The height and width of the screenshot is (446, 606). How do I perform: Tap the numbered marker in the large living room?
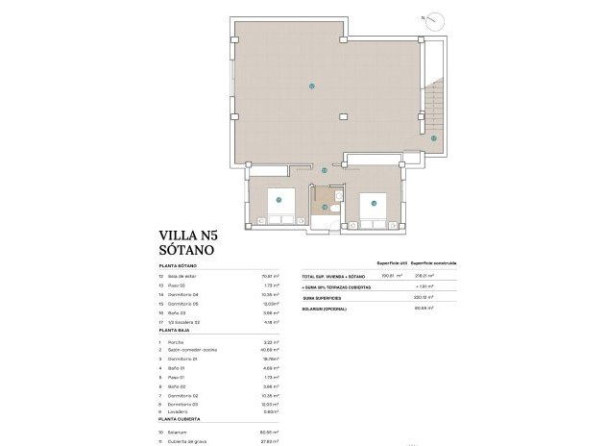[311, 87]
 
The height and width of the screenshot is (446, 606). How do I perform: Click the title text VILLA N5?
[193, 234]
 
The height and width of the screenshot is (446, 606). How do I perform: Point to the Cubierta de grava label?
[190, 441]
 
